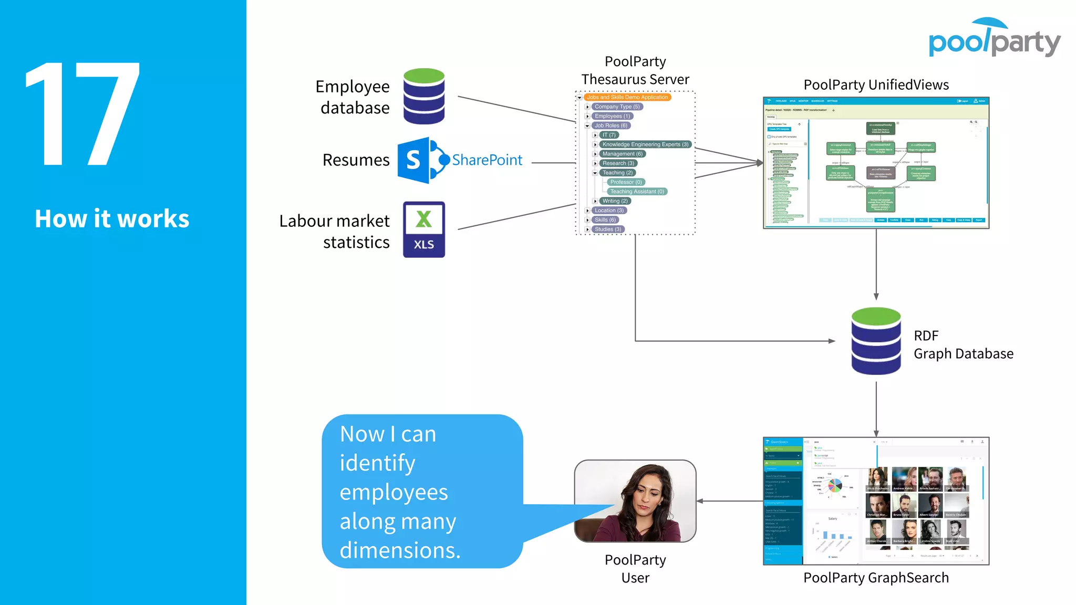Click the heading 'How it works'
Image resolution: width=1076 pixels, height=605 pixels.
pos(112,218)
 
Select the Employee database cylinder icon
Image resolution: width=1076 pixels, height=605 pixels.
pos(424,96)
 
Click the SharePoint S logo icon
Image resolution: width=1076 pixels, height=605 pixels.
pos(415,160)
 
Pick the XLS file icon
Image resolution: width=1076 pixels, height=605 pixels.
pos(423,230)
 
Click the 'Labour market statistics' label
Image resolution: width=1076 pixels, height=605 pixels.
pos(335,231)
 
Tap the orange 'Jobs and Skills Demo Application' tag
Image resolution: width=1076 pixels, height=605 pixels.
pos(627,97)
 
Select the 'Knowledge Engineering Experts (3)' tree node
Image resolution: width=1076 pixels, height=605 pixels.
pos(645,144)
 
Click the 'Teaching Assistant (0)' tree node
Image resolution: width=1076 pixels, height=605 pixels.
pos(637,192)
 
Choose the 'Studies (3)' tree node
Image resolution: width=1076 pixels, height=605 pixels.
pos(608,230)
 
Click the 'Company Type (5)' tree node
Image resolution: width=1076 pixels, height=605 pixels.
pos(617,107)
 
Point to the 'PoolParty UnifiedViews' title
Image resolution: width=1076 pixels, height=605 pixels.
pos(876,85)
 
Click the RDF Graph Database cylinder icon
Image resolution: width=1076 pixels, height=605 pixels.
pos(876,341)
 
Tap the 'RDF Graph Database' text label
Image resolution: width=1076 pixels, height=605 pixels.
pos(963,345)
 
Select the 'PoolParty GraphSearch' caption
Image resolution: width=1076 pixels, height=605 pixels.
pos(876,578)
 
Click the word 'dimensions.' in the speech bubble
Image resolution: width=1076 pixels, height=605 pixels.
pos(400,550)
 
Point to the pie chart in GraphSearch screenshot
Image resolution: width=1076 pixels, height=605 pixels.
pos(834,486)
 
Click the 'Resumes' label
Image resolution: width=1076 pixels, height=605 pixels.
pos(356,160)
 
